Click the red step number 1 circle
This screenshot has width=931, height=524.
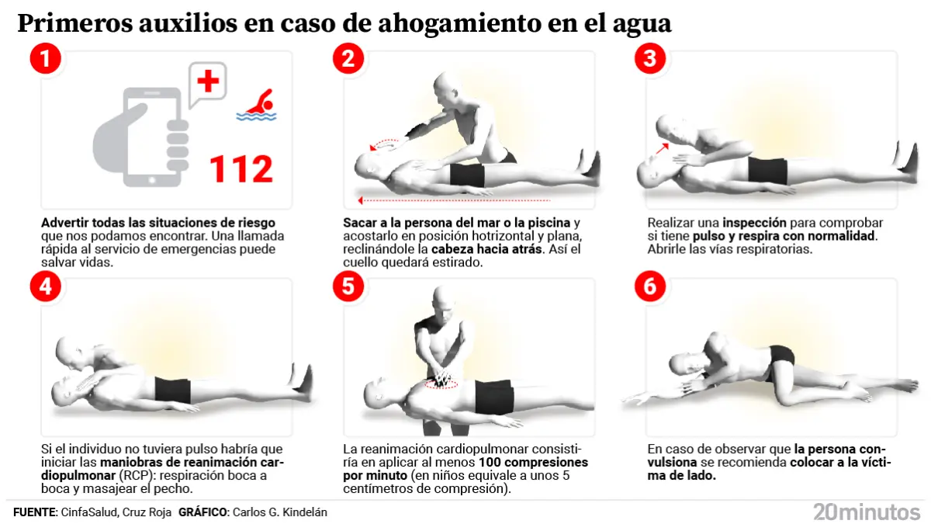click(x=46, y=58)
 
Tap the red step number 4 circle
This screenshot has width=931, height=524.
click(x=46, y=286)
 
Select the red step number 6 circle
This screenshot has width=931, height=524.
click(x=650, y=286)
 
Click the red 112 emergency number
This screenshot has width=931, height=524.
click(x=241, y=169)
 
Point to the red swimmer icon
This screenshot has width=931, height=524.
click(x=257, y=106)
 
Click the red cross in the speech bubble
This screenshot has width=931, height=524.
click(x=208, y=81)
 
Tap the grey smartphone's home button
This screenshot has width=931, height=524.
click(x=152, y=180)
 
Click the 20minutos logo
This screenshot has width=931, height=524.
click(x=867, y=512)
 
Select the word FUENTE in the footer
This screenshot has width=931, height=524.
click(x=35, y=512)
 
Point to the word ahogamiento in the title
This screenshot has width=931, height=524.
click(x=459, y=24)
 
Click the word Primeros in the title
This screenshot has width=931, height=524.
click(x=74, y=23)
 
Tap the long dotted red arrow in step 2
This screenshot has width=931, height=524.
click(x=454, y=200)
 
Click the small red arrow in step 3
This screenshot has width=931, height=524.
click(x=662, y=148)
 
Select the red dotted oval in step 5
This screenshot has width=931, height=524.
click(x=441, y=384)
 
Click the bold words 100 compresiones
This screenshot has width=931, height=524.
click(x=533, y=462)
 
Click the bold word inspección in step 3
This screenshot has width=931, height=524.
click(x=754, y=223)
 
